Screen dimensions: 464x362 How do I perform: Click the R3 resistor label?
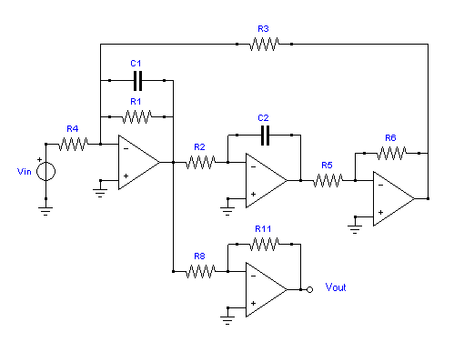tap(263, 29)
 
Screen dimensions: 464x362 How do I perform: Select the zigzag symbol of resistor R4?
tap(73, 144)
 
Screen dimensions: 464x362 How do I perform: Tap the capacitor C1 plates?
tap(137, 81)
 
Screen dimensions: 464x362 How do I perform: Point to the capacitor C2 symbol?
tap(265, 136)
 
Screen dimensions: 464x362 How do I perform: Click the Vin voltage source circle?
tap(45, 172)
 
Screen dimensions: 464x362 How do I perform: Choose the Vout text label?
tap(336, 287)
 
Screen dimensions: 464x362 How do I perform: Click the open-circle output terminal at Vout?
tap(309, 290)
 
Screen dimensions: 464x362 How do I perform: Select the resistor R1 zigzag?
tap(136, 116)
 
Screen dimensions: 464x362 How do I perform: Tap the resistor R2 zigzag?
tap(200, 162)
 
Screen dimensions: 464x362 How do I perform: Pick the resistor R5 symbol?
tap(328, 180)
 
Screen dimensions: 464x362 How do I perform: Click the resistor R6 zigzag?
tap(391, 153)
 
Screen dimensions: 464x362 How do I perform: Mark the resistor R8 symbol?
tap(200, 271)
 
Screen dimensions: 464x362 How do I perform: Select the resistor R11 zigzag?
tap(264, 244)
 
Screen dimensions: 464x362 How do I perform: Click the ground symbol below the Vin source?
tap(45, 211)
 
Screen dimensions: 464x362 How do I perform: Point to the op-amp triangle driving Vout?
tap(267, 290)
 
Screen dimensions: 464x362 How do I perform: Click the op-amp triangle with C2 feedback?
tap(267, 181)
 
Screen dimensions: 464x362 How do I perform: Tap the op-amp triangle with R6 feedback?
tap(394, 199)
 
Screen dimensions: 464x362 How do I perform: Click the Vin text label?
tap(25, 172)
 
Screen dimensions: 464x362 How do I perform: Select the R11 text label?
tap(263, 229)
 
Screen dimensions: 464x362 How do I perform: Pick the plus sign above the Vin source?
tap(39, 159)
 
